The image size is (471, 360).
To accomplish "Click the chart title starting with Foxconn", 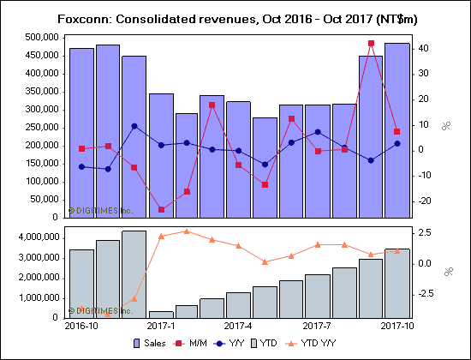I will tap(235, 18).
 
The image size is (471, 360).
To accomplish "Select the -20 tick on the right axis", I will tap(425, 201).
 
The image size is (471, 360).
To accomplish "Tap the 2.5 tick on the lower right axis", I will tap(426, 232).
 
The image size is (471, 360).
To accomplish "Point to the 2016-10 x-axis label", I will tap(82, 327).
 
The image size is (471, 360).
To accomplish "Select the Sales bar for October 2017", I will tap(396, 129).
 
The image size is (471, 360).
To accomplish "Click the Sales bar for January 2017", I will tap(161, 154).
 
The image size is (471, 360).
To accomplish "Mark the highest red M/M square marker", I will tap(371, 43).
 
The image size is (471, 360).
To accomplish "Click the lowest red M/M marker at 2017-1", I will tap(161, 209).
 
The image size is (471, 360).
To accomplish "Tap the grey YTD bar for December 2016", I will tap(134, 274).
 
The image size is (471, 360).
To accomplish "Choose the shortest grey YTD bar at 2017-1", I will tap(161, 315).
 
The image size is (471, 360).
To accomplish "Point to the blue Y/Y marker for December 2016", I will tap(134, 126).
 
